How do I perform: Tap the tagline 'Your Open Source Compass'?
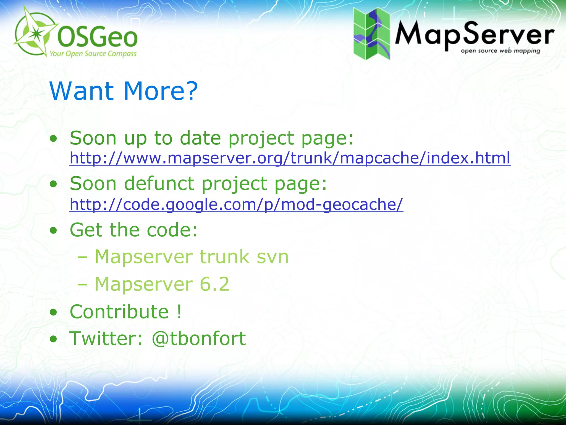(93, 53)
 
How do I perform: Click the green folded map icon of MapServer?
(372, 34)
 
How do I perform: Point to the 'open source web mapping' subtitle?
(500, 51)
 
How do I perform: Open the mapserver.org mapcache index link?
(290, 158)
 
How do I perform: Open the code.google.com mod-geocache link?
(236, 204)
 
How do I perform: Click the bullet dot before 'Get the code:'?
(54, 230)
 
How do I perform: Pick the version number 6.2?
(214, 284)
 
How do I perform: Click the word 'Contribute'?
(119, 312)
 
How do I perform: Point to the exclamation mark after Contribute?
(179, 312)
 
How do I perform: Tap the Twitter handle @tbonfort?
(199, 338)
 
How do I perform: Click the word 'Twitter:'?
(106, 338)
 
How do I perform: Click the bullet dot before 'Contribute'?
(54, 312)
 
